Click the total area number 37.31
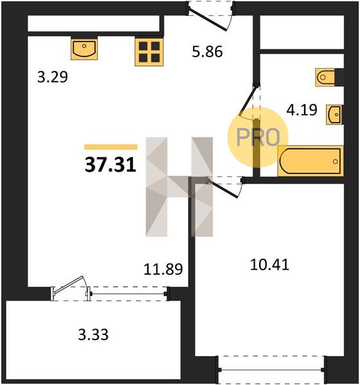110,165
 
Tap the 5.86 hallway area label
207,52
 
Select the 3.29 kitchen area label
53,77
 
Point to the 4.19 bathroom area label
302,110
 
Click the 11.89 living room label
163,269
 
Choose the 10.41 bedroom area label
270,265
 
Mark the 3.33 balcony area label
93,335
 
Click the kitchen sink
84,49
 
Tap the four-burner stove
149,52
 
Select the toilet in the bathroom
325,77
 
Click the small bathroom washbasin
334,114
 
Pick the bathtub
311,161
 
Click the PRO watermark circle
257,137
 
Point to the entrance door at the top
209,19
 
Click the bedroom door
223,188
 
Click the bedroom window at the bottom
272,370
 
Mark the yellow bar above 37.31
111,147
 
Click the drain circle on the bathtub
335,162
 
